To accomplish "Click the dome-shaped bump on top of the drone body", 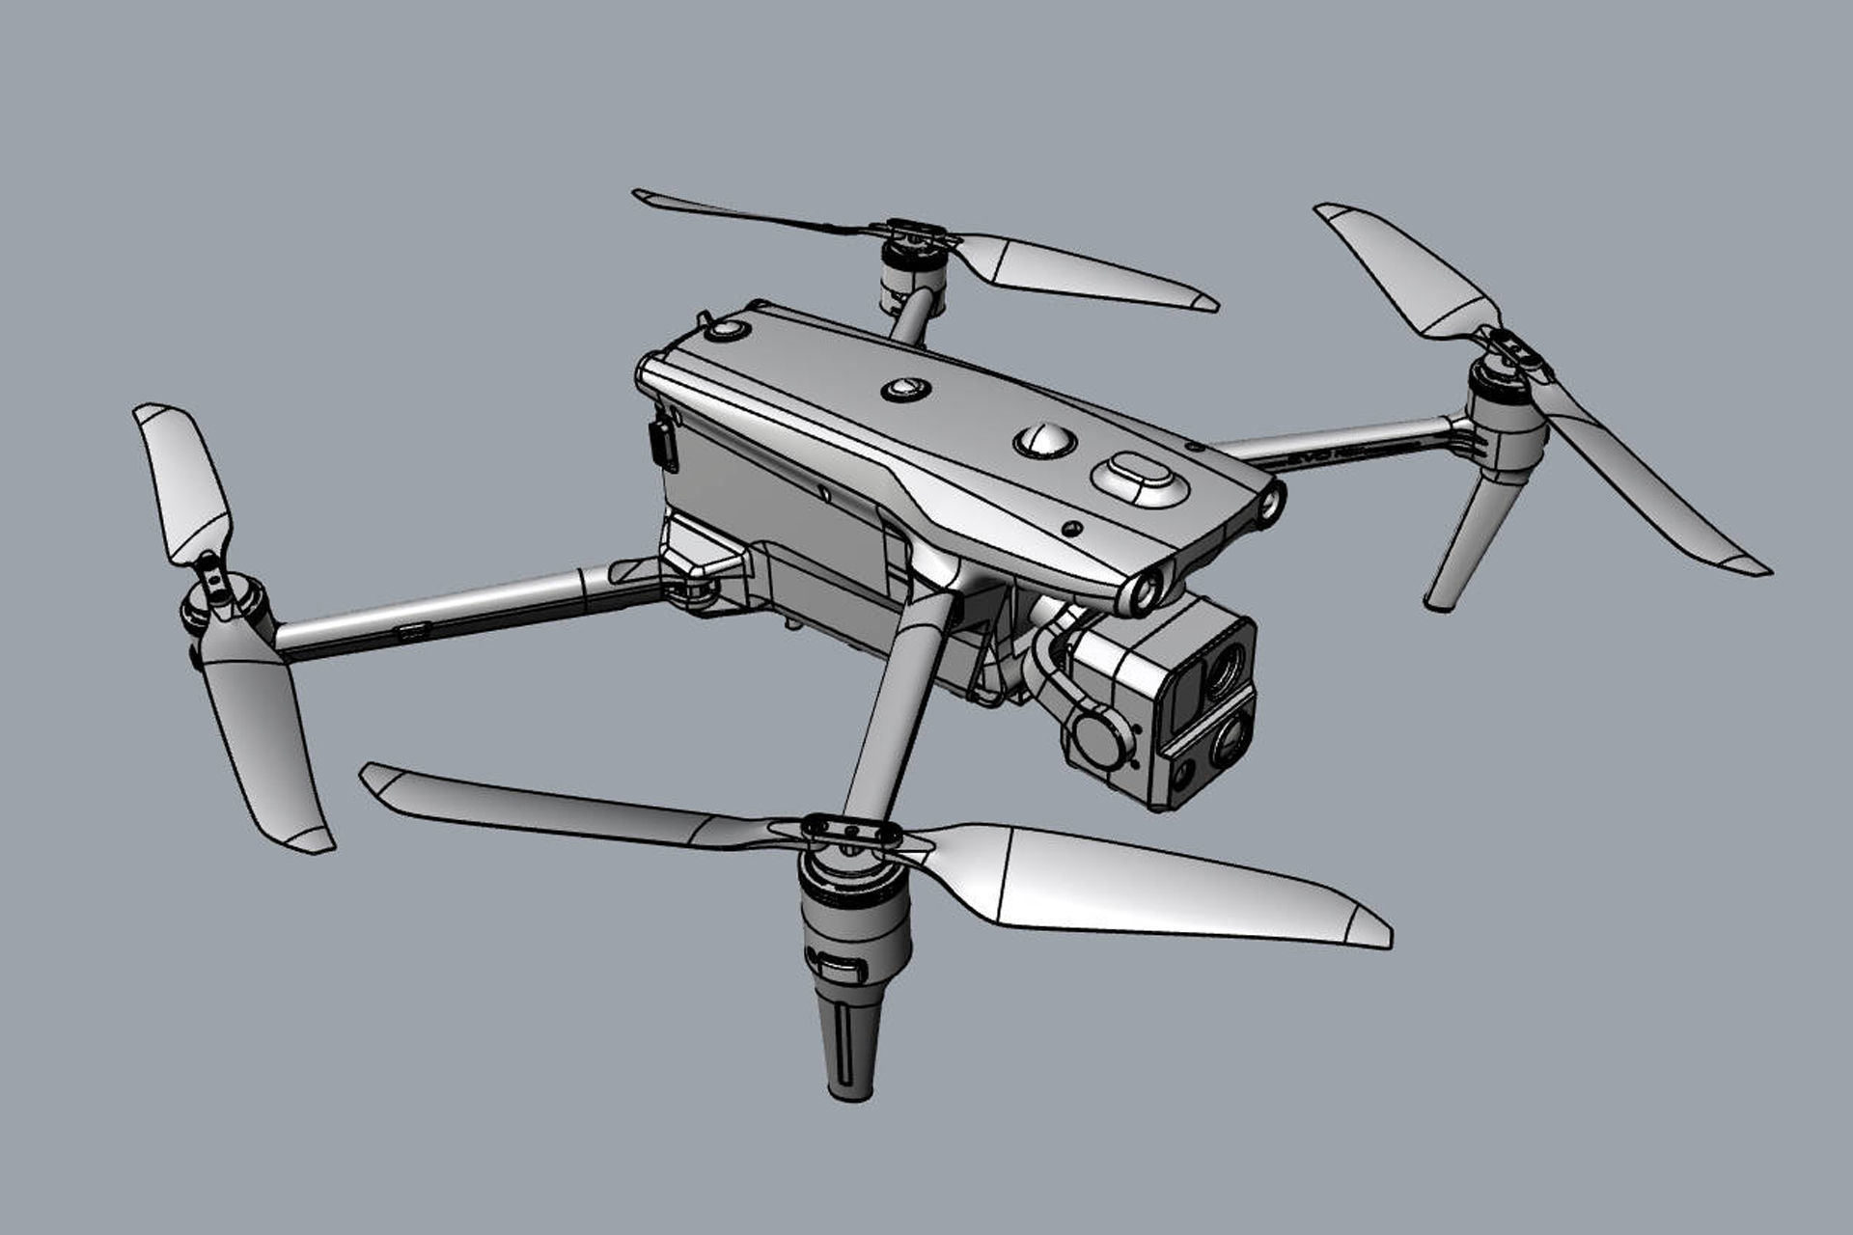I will (x=1044, y=440).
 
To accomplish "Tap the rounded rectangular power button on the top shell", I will (x=1140, y=478).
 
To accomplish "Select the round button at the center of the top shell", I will (x=906, y=389).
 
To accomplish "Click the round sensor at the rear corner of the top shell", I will (x=726, y=331).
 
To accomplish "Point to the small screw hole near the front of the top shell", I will (x=1071, y=529).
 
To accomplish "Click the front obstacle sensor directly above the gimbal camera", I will (x=1144, y=591).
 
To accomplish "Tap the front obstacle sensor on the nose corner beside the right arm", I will (x=1271, y=503).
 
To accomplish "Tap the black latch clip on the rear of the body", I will (x=662, y=444).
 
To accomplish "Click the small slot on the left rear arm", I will (x=415, y=632).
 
